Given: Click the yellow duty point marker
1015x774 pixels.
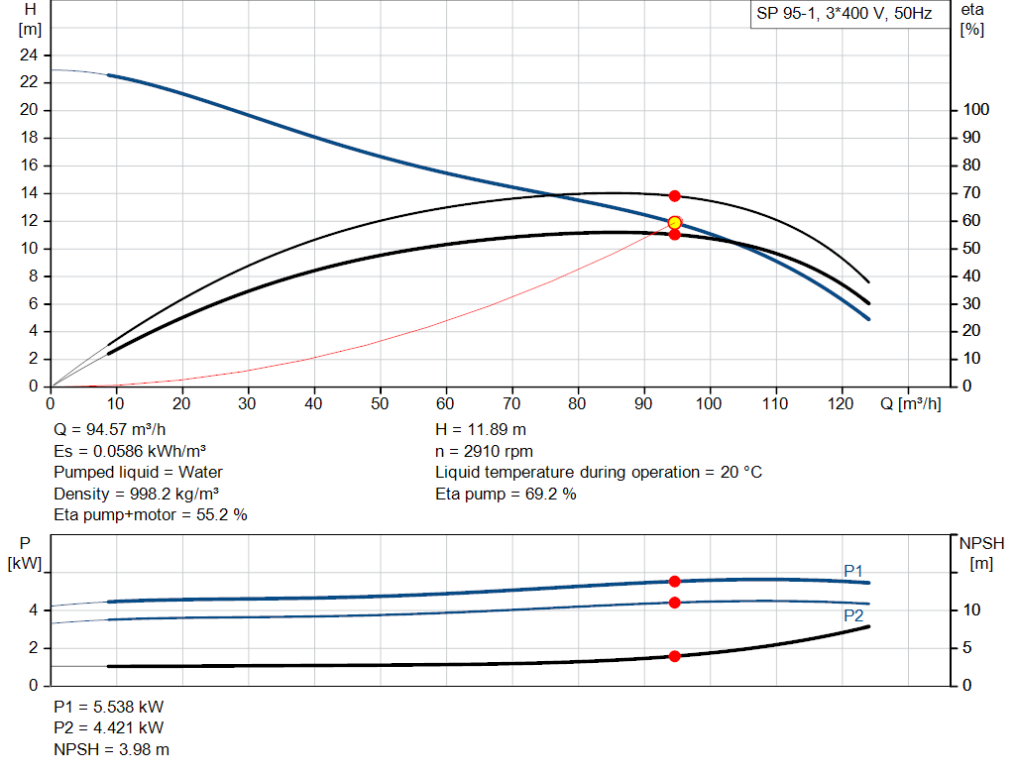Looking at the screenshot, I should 675,223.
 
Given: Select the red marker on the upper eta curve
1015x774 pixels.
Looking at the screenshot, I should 675,196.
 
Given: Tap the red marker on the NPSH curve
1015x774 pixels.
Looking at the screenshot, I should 675,656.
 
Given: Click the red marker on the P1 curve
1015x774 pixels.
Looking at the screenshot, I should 675,582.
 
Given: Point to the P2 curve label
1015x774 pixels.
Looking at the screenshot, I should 852,615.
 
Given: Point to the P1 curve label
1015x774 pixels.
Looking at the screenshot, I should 852,571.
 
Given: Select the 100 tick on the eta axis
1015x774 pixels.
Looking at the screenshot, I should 976,110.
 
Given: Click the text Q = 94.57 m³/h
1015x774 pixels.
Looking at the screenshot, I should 108,430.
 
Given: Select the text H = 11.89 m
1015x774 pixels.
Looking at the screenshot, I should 482,430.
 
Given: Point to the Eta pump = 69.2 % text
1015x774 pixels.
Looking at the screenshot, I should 506,494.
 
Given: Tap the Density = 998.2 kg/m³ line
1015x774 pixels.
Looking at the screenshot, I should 137,494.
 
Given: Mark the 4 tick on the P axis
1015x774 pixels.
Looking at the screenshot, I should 33,610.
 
